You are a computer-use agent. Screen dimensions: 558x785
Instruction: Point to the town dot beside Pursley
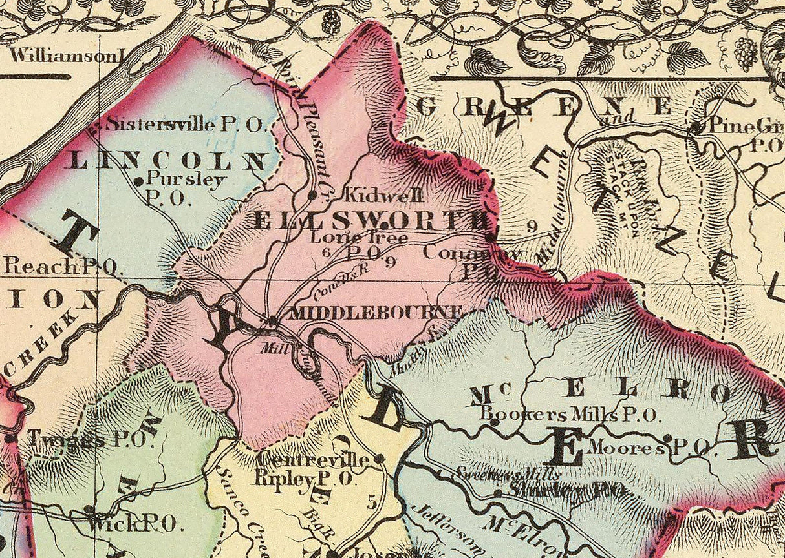pos(138,182)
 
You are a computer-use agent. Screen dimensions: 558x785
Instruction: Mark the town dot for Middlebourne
pos(273,320)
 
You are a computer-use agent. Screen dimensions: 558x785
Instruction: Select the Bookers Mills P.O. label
pos(569,414)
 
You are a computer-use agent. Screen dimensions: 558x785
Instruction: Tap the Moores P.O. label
pos(650,446)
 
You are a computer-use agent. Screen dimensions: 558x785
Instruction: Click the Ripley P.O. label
pos(303,479)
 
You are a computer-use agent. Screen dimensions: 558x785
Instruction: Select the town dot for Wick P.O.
pos(89,510)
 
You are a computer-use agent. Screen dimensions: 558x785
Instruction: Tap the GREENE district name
pos(543,107)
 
